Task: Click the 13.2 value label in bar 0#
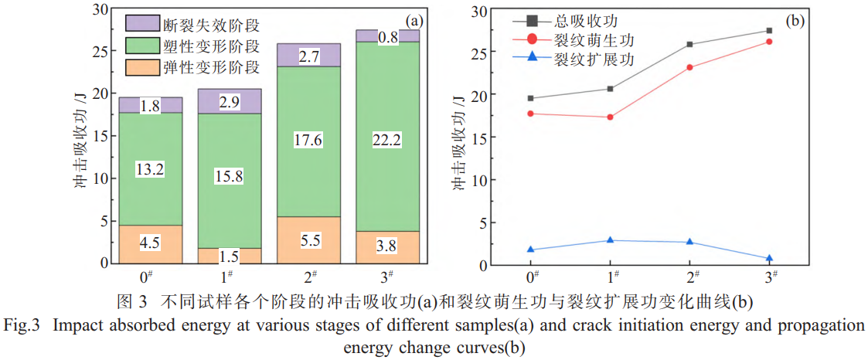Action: click(x=150, y=169)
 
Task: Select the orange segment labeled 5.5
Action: click(x=308, y=240)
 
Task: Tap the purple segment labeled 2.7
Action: click(x=308, y=55)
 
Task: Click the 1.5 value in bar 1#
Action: click(x=229, y=256)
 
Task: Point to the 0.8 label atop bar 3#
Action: click(x=388, y=36)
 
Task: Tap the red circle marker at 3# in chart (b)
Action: click(x=769, y=42)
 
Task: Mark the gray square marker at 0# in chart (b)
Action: click(x=531, y=98)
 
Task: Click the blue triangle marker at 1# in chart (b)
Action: click(x=611, y=240)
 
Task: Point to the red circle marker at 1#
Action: click(x=611, y=117)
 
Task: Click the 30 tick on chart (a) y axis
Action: click(x=100, y=10)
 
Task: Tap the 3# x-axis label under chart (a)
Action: click(x=389, y=277)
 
